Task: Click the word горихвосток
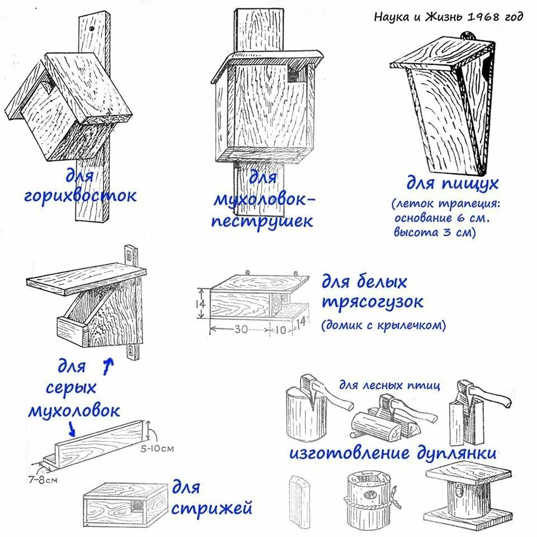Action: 79,196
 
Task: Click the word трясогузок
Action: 373,302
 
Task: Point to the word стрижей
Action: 211,508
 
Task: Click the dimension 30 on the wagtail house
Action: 241,329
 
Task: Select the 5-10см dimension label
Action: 157,448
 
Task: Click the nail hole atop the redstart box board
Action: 92,26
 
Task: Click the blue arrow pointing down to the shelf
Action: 72,428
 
